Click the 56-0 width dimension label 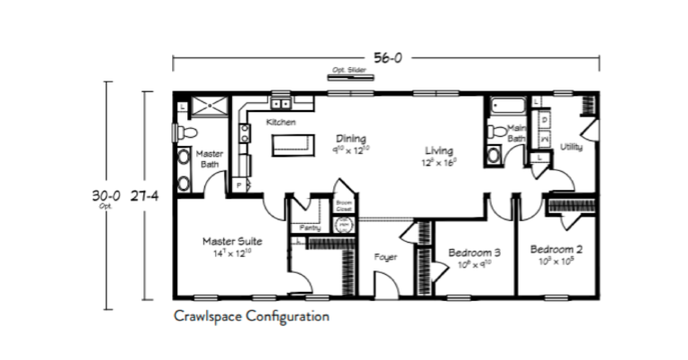386,58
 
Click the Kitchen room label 280,122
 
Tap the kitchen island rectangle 294,144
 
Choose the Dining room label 352,139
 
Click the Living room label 439,150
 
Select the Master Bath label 210,159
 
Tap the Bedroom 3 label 474,253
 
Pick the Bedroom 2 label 556,248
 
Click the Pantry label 311,227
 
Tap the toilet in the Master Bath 185,133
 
